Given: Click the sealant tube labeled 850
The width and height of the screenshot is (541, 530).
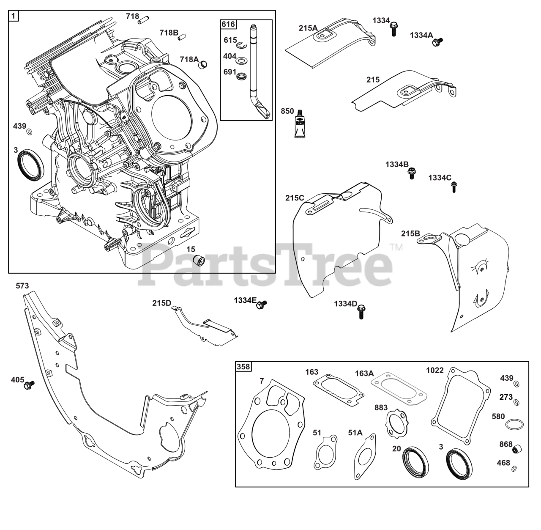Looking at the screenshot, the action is [x=300, y=125].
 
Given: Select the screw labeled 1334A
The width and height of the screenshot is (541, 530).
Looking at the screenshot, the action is [x=438, y=41].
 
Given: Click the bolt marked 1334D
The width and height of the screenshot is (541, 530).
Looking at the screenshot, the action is [x=361, y=312].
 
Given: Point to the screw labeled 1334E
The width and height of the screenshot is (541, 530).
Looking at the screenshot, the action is [x=262, y=303].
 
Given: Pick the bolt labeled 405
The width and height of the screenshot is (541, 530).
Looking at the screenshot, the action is [x=29, y=385].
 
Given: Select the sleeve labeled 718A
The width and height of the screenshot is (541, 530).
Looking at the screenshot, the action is [x=204, y=65].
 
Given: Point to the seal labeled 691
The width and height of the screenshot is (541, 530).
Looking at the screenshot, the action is [x=243, y=77].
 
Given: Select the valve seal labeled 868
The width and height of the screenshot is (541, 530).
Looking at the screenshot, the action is [x=517, y=448].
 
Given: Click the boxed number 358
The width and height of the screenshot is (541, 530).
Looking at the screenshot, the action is [x=243, y=366].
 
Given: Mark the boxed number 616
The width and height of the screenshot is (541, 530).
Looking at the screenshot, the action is [x=228, y=24].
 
